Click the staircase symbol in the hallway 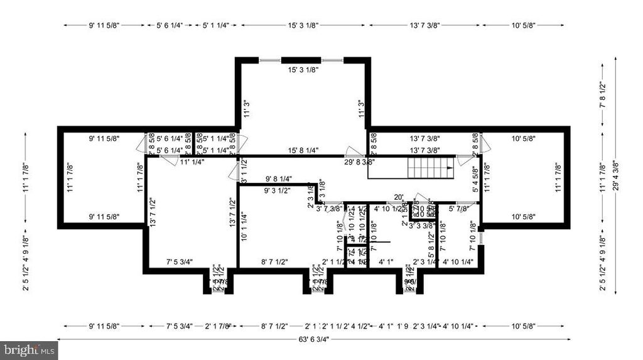click(x=428, y=169)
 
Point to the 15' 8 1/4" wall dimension click(x=303, y=151)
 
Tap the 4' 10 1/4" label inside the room click(x=458, y=261)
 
